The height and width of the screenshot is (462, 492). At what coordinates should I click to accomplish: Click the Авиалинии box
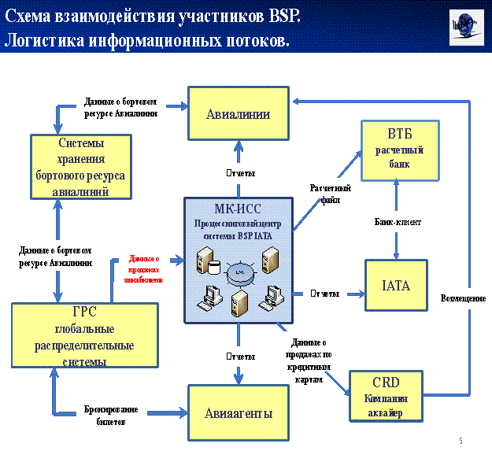coord(238,114)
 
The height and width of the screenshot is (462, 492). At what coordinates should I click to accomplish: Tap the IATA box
coord(395,286)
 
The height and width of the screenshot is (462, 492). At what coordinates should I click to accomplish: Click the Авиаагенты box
coord(239,412)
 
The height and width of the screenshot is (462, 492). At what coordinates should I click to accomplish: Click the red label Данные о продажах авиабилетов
coord(144,268)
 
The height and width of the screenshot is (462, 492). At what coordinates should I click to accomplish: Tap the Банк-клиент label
coord(398,223)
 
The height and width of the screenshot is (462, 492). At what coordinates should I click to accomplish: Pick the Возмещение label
coord(463,299)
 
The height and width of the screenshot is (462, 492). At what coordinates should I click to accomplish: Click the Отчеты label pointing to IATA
coord(325,294)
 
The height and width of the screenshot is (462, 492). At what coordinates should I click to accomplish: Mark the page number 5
coord(461,439)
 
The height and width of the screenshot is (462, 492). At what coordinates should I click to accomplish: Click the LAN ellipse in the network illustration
coord(239,272)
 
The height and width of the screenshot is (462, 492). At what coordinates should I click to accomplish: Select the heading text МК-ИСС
coord(238,209)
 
